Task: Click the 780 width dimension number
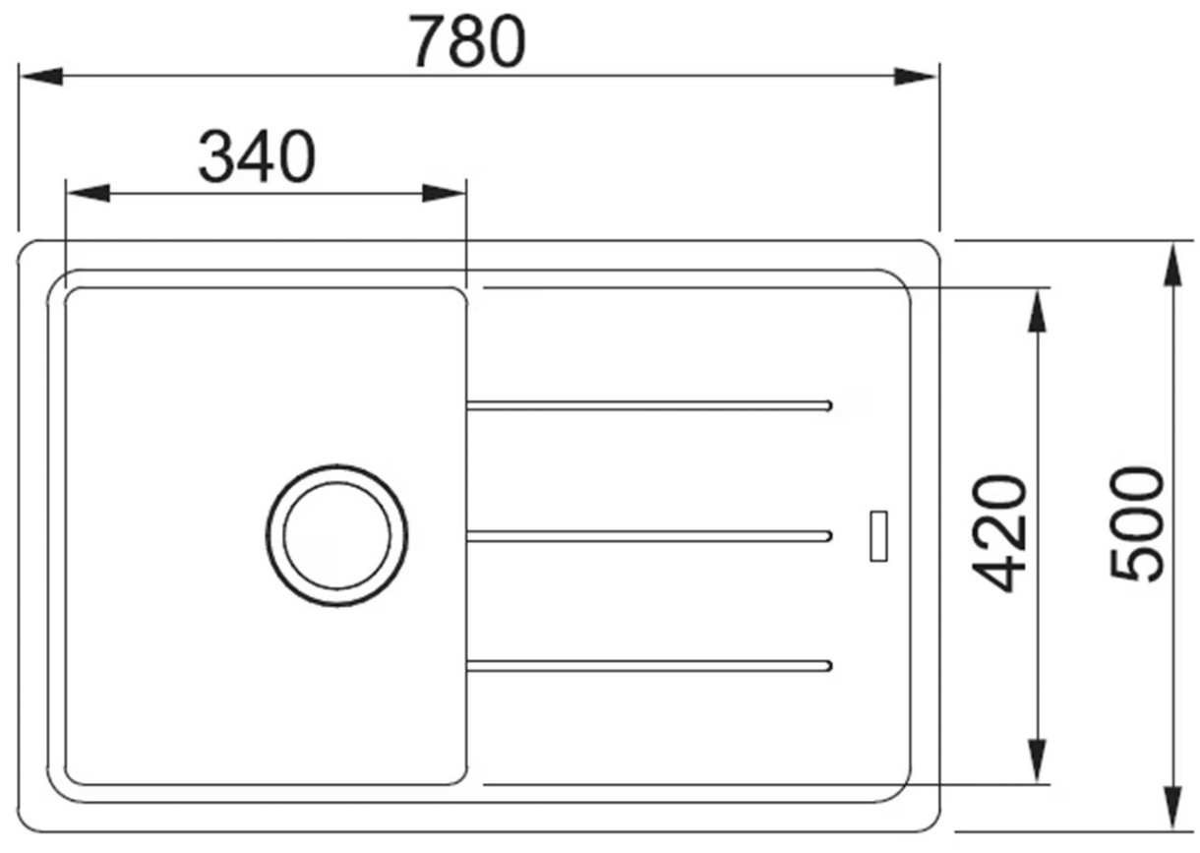[x=467, y=41]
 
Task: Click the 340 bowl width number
[x=257, y=156]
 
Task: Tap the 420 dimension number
[x=999, y=533]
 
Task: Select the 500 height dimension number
[x=1137, y=524]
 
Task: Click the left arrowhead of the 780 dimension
[x=40, y=76]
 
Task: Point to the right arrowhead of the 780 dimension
[x=916, y=77]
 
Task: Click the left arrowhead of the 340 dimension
[x=88, y=193]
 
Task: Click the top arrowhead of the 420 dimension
[x=1038, y=311]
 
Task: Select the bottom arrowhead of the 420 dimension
[x=1038, y=761]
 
